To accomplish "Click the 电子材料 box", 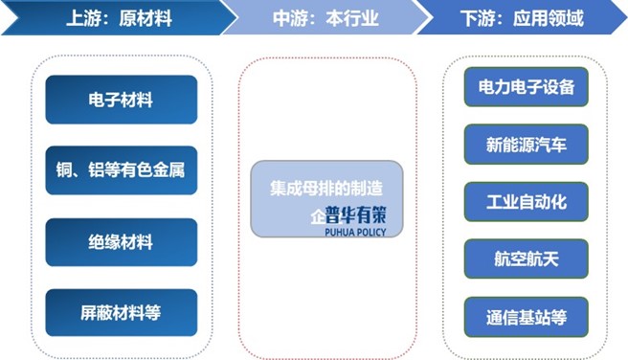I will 121,100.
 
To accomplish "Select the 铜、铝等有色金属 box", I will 121,170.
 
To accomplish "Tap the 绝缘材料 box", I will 121,242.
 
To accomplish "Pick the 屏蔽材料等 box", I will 121,313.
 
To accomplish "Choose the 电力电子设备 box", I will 527,87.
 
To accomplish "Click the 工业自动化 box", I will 527,201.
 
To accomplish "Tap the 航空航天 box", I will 527,259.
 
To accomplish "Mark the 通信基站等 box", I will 527,316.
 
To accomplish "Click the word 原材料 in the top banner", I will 146,19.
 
